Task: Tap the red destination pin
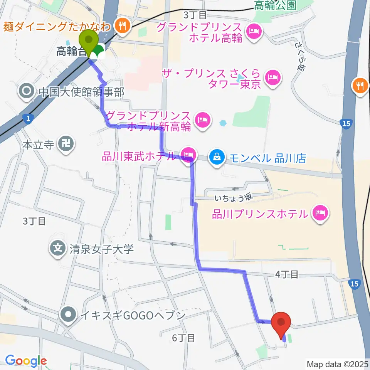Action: click(281, 323)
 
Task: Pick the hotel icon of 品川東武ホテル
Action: click(188, 155)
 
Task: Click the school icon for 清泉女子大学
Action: click(58, 248)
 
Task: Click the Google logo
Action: click(26, 361)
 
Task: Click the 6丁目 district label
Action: click(183, 338)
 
